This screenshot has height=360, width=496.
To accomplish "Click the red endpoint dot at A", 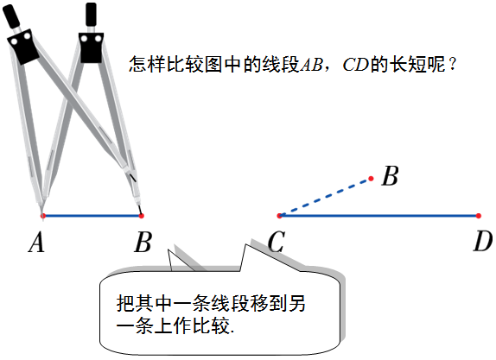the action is (x=43, y=216).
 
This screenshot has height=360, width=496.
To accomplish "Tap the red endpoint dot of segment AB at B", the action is (x=142, y=216).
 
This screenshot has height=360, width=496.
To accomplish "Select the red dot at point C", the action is (x=279, y=216).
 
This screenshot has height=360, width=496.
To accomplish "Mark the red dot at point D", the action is (x=479, y=216).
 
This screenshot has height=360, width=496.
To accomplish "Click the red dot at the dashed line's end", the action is (x=371, y=179).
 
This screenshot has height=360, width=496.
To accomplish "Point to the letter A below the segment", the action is (x=36, y=243).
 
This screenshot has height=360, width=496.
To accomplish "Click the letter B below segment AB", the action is (x=143, y=243).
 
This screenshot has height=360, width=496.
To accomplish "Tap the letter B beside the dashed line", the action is (x=390, y=176).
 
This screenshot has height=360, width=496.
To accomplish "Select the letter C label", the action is (x=277, y=243).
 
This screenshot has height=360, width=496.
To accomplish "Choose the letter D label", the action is (x=483, y=243).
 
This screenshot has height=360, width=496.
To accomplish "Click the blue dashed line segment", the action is (x=325, y=198).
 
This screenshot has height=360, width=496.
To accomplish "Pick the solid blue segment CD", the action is (x=379, y=216).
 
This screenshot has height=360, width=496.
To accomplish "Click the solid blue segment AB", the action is (x=92, y=216).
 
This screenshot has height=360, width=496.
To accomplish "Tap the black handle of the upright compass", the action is (x=91, y=14).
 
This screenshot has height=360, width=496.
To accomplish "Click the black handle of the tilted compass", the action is (x=11, y=17).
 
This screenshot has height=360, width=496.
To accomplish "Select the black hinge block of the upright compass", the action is (x=91, y=47).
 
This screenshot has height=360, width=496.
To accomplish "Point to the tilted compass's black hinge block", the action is (x=22, y=47).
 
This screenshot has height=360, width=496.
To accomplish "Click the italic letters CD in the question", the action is (x=355, y=65).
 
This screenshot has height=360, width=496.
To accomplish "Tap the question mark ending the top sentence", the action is (x=453, y=65).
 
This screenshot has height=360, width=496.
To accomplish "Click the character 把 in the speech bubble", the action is (x=126, y=303).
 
